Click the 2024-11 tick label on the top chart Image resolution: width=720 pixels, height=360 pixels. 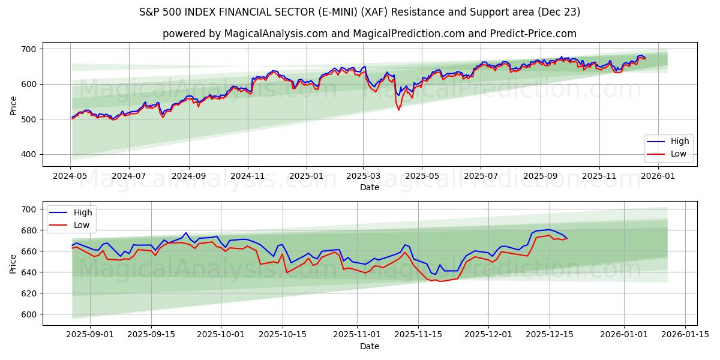(x=247, y=176)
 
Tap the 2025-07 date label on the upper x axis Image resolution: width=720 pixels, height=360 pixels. (x=481, y=176)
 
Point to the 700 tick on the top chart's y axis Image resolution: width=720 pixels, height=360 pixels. (x=28, y=49)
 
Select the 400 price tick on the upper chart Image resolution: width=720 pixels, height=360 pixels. (x=28, y=155)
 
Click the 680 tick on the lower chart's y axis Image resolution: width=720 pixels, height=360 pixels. (x=28, y=230)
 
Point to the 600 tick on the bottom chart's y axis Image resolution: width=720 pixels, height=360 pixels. (x=28, y=314)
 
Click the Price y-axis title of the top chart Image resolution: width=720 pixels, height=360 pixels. (x=13, y=104)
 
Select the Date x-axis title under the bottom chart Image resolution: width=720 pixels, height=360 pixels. (x=370, y=346)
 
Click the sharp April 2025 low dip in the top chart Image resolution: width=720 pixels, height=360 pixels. (x=398, y=109)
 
